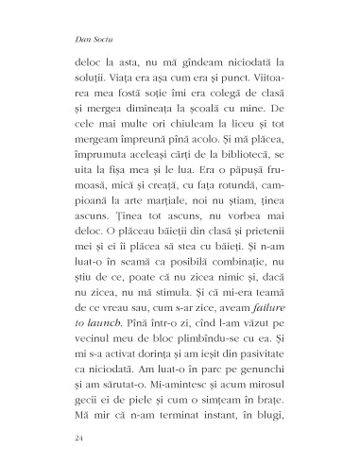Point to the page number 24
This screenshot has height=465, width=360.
(x=77, y=440)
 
